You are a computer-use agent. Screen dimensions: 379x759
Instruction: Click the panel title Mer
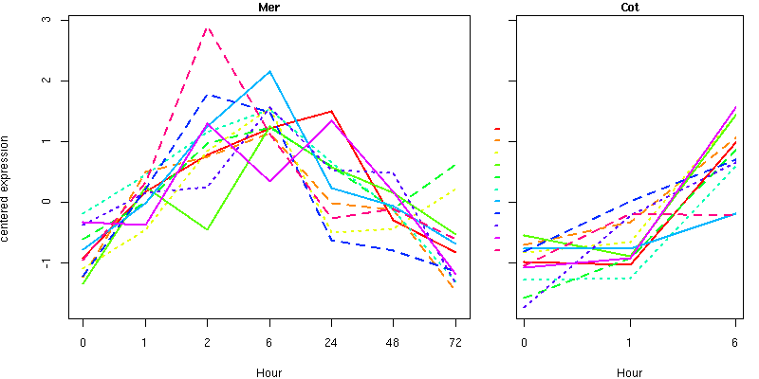tap(268, 8)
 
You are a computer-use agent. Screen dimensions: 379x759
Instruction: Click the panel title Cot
tap(629, 8)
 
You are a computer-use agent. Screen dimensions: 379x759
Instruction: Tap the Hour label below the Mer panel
tap(268, 372)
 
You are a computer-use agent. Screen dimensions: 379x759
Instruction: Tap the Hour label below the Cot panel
tap(629, 372)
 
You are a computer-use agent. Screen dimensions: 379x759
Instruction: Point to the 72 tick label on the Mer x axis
tap(455, 342)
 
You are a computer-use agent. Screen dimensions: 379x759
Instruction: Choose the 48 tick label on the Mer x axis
tap(394, 342)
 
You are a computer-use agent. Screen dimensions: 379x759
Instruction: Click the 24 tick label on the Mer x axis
tap(331, 342)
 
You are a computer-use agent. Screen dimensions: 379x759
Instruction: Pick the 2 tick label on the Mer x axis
tap(207, 342)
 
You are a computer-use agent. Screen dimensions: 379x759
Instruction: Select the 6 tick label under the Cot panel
tap(735, 342)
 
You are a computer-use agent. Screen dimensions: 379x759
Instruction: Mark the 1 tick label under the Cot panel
tap(630, 342)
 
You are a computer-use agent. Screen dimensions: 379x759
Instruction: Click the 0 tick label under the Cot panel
tap(525, 342)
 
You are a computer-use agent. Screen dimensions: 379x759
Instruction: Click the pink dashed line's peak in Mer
tap(207, 27)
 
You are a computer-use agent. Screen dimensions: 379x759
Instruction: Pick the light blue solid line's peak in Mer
tap(269, 71)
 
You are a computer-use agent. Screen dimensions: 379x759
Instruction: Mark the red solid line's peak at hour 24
tap(331, 111)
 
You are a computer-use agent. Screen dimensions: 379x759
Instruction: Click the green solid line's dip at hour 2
tap(207, 229)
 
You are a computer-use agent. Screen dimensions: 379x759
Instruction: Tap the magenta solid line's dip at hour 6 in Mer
tap(269, 181)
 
